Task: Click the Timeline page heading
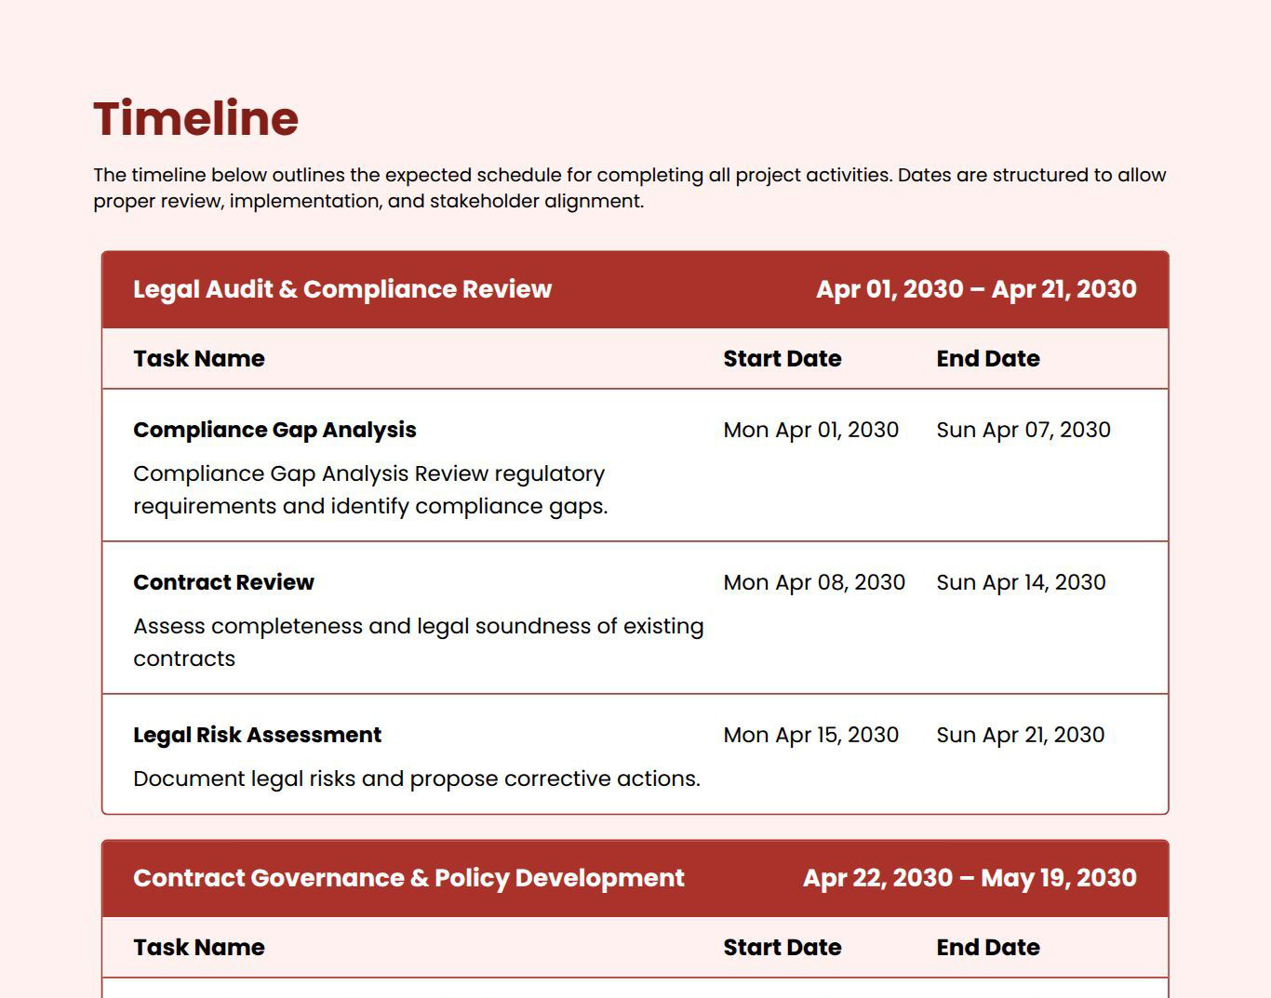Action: click(195, 119)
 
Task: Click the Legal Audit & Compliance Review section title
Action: click(342, 289)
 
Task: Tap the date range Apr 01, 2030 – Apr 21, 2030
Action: click(976, 289)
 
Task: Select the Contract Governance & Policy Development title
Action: click(408, 878)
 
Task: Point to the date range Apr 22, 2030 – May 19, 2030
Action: click(970, 878)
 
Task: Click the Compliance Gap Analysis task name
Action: click(274, 430)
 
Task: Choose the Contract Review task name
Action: click(223, 582)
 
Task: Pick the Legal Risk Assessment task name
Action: click(257, 735)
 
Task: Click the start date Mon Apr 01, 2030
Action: click(810, 430)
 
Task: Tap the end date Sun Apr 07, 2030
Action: click(1023, 430)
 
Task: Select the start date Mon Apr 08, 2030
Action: click(814, 582)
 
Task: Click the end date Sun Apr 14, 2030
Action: click(1021, 582)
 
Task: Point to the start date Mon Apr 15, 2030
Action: click(810, 735)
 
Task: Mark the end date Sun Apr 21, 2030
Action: click(1020, 735)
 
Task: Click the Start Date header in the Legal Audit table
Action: click(782, 359)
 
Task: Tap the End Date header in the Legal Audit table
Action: click(987, 359)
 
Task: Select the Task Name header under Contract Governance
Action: click(198, 948)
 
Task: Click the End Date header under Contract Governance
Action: click(987, 948)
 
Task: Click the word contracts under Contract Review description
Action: click(184, 659)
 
